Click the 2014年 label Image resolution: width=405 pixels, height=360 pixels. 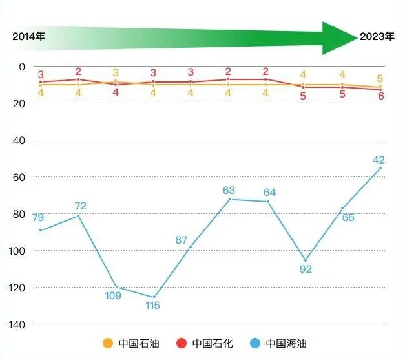pyautogui.click(x=28, y=37)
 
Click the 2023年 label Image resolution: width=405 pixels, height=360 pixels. pyautogui.click(x=377, y=37)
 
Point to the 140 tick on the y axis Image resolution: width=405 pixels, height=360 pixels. pyautogui.click(x=18, y=324)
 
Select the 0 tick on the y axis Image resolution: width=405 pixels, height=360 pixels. pyautogui.click(x=22, y=67)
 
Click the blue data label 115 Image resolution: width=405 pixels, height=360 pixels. pyautogui.click(x=152, y=306)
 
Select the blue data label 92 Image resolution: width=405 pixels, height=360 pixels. pyautogui.click(x=306, y=269)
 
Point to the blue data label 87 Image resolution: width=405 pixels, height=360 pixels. pyautogui.click(x=182, y=240)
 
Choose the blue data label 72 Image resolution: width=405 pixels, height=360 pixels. pyautogui.click(x=80, y=206)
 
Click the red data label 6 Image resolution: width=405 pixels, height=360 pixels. pyautogui.click(x=381, y=96)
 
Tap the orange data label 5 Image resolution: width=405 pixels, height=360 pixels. pyautogui.click(x=380, y=79)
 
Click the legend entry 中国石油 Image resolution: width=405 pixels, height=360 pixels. pyautogui.click(x=130, y=342)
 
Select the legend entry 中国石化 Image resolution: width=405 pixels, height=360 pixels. pyautogui.click(x=203, y=342)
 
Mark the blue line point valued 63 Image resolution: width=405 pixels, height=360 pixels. pyautogui.click(x=229, y=199)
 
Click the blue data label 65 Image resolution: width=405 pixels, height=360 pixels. pyautogui.click(x=348, y=218)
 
